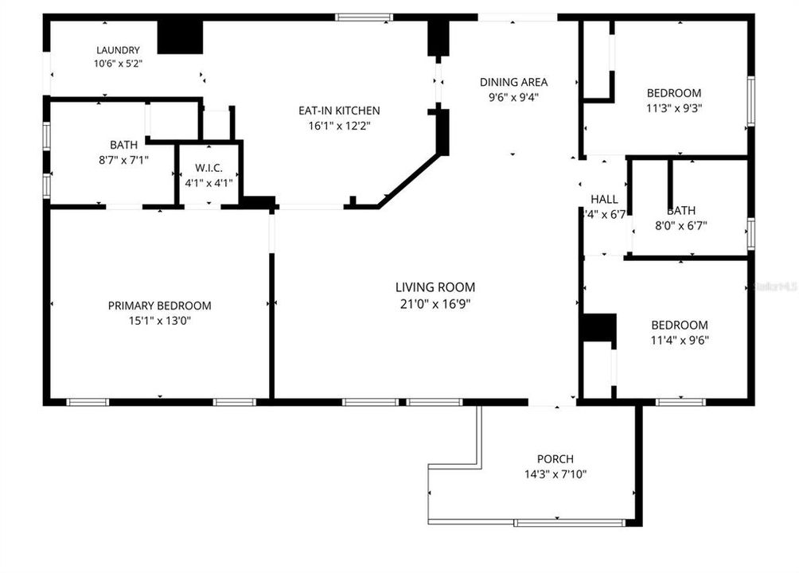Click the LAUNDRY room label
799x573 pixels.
[x=118, y=50]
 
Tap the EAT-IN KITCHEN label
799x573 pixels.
[x=339, y=111]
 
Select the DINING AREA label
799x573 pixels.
[x=513, y=82]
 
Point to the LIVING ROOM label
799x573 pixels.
[x=435, y=287]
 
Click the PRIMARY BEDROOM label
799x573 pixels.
[x=160, y=306]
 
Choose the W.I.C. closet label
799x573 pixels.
[x=209, y=168]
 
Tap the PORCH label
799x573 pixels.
[x=555, y=459]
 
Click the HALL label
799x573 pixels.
[x=605, y=199]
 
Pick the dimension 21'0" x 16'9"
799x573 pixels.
[x=435, y=303]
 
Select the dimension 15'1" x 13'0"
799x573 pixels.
[x=160, y=321]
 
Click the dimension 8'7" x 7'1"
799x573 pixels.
[x=123, y=159]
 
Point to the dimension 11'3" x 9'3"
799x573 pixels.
[x=674, y=107]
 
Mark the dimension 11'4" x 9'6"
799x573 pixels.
[x=679, y=340]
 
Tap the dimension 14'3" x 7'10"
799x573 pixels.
[x=555, y=474]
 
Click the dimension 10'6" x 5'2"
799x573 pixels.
[x=118, y=64]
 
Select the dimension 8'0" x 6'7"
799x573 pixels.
[x=680, y=225]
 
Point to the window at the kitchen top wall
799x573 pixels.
[x=364, y=17]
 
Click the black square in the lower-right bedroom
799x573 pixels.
[x=598, y=328]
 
